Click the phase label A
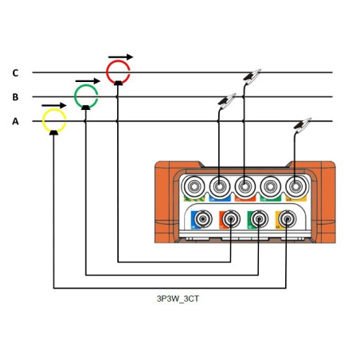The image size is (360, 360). click(x=15, y=122)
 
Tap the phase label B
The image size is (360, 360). click(x=15, y=97)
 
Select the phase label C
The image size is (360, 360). click(x=15, y=73)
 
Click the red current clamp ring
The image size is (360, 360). click(x=118, y=72)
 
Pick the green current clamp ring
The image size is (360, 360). click(x=86, y=96)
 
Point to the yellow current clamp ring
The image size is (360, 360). click(x=53, y=121)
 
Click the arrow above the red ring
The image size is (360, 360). click(x=121, y=57)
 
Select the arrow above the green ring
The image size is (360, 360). click(x=88, y=81)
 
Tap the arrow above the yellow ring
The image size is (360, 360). click(x=54, y=105)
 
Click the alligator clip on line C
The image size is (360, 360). click(x=253, y=76)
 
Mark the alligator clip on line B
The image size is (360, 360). click(x=228, y=101)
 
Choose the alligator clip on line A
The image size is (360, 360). click(x=303, y=125)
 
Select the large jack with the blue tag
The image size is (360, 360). click(x=218, y=186)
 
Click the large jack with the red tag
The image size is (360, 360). click(x=244, y=186)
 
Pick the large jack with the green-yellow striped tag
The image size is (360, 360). click(x=192, y=186)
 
